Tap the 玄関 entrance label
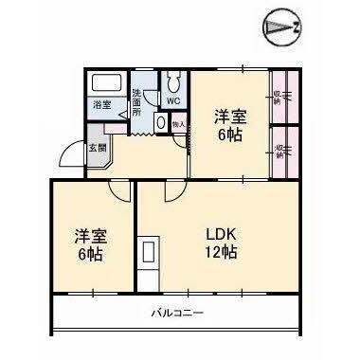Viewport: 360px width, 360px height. (98, 148)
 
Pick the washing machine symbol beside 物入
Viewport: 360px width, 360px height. (161, 122)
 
